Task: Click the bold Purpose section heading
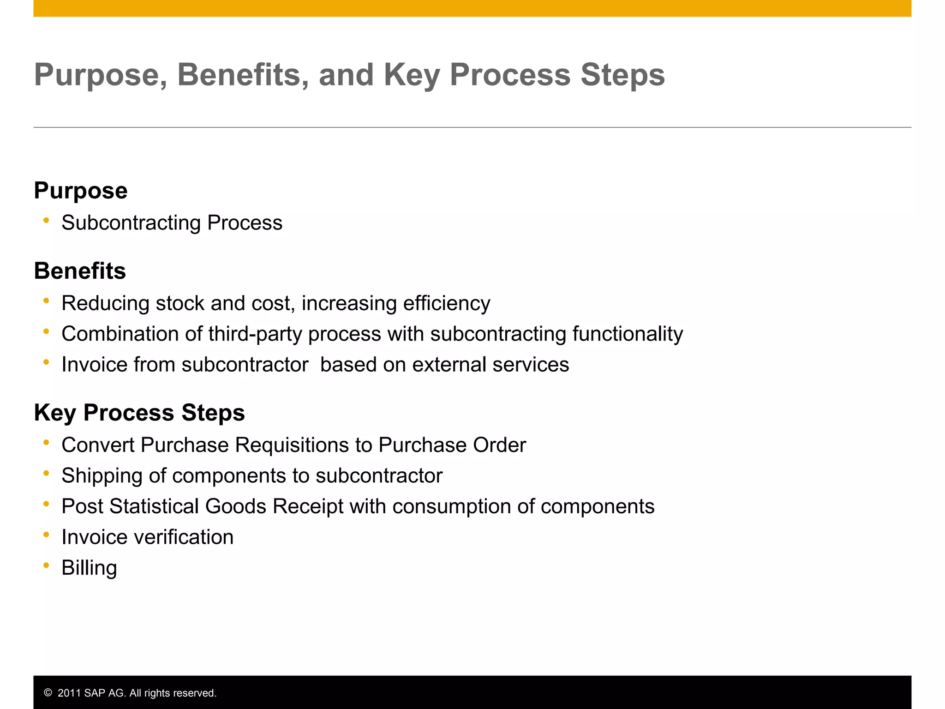(81, 191)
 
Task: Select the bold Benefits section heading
(80, 271)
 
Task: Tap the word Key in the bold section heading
(55, 413)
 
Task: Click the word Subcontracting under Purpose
(131, 223)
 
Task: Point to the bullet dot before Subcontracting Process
(46, 221)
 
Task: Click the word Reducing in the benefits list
(106, 304)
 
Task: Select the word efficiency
(446, 304)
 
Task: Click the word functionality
(628, 334)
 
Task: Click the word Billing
(89, 568)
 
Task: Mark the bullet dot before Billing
(46, 565)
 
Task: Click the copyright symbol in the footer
(48, 693)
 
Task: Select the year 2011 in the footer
(69, 693)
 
